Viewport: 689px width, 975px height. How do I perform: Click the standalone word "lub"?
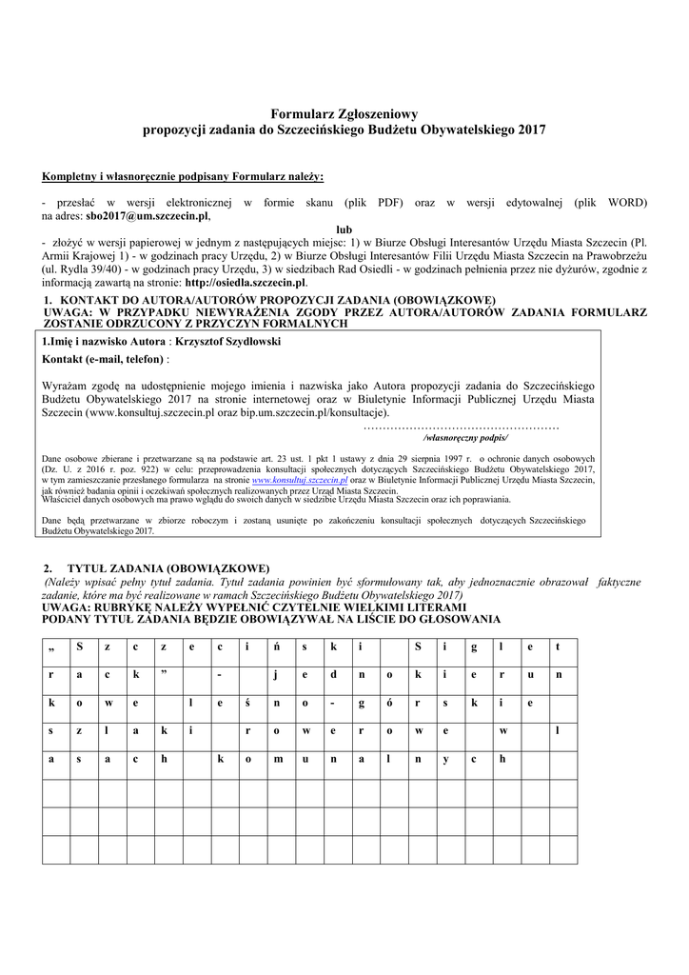coord(344,229)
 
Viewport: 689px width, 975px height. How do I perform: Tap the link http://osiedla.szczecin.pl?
coord(246,283)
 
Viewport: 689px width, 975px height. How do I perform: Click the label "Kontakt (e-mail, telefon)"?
coord(104,360)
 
